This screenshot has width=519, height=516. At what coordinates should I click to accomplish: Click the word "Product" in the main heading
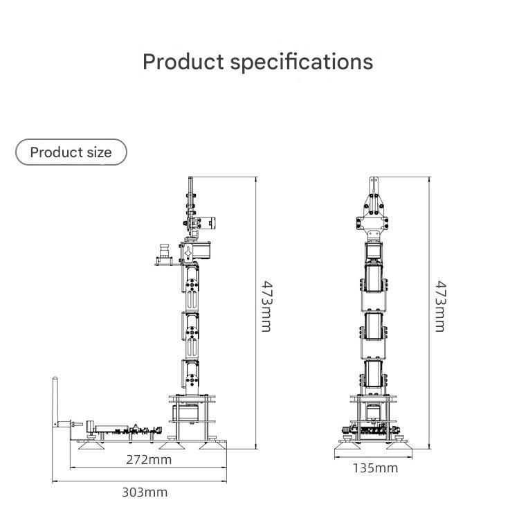click(x=183, y=62)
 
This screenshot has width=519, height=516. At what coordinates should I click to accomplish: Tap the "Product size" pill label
click(x=71, y=152)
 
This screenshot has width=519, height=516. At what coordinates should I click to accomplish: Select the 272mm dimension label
click(x=149, y=459)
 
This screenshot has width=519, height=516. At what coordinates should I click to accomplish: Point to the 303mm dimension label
click(x=145, y=492)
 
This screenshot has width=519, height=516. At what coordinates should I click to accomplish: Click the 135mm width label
click(x=375, y=468)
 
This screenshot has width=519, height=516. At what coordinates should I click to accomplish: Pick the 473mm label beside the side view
click(x=265, y=305)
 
